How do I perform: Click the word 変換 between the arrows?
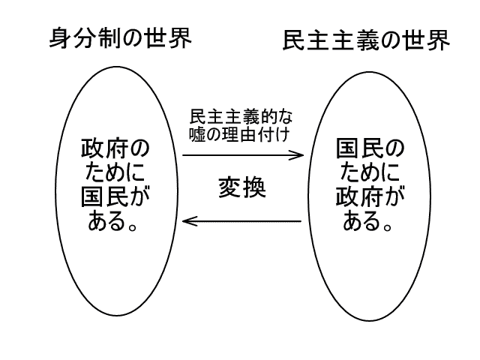tap(242, 187)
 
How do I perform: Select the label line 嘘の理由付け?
tap(241, 136)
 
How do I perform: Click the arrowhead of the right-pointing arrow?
tap(301, 155)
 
